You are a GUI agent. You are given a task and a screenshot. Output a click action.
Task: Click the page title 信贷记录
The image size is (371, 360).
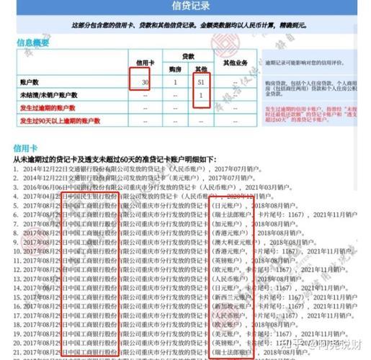(x=186, y=6)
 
